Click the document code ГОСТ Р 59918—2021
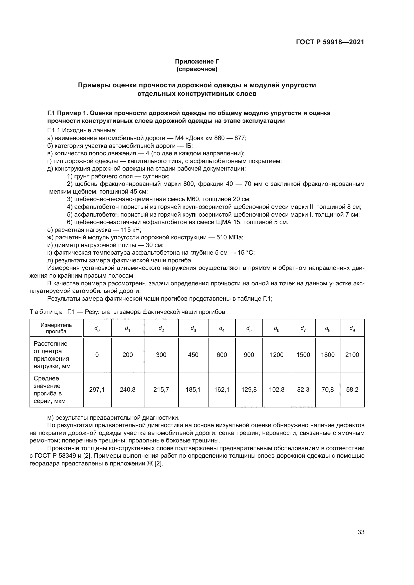(x=330, y=42)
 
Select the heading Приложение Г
(x=197, y=62)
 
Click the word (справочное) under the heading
(x=197, y=69)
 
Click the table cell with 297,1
(x=97, y=390)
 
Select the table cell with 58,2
(x=352, y=390)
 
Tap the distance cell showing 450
(x=193, y=355)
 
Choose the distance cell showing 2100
(x=352, y=355)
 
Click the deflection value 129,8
(x=249, y=390)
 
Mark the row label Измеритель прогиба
(x=56, y=328)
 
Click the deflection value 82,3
(x=303, y=390)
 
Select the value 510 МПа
(x=230, y=237)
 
